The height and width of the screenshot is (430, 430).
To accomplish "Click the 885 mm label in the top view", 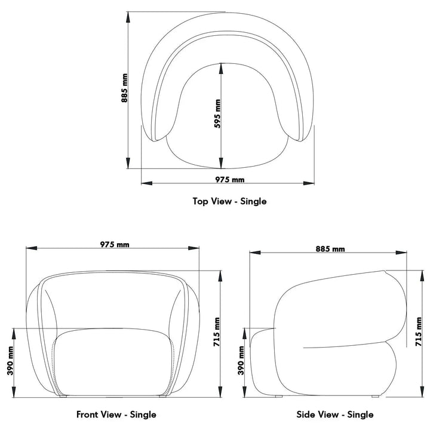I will pos(124,90).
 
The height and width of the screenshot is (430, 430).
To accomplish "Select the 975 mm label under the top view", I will pos(230,179).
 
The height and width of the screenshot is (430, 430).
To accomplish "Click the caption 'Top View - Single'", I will pos(229,201).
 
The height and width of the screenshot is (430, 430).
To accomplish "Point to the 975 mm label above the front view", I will pos(115,244).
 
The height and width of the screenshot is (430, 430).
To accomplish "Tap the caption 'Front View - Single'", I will pos(116,414).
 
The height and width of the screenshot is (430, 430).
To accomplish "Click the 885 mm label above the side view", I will pos(330,248).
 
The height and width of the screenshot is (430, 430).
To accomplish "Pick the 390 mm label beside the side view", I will pos(241,360).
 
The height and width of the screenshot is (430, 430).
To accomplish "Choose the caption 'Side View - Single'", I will pos(335,414).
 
